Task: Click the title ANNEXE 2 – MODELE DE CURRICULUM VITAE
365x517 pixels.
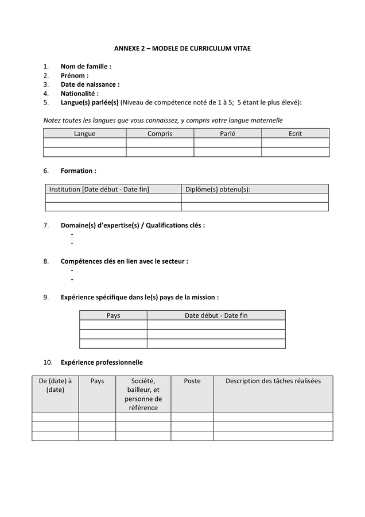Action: click(x=182, y=49)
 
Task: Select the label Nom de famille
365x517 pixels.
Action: click(x=86, y=67)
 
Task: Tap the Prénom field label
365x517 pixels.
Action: click(x=75, y=76)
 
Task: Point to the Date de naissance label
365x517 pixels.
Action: click(x=90, y=84)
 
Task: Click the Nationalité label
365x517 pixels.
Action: click(x=80, y=94)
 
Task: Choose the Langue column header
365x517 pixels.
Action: click(x=85, y=134)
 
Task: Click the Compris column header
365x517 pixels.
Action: click(x=160, y=134)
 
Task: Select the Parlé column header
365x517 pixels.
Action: click(x=227, y=134)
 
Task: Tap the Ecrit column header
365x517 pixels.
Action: click(x=295, y=134)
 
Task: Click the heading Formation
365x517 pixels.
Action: click(x=78, y=171)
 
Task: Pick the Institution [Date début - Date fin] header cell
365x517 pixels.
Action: click(x=99, y=189)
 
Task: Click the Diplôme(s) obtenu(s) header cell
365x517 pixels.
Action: click(x=218, y=189)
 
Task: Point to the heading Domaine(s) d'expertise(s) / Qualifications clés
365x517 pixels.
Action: click(x=133, y=225)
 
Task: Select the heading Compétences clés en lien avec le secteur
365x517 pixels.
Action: click(x=125, y=261)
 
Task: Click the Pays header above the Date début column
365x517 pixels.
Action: click(x=114, y=315)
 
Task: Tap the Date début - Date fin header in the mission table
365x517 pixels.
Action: click(x=216, y=315)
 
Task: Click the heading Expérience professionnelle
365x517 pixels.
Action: click(x=102, y=362)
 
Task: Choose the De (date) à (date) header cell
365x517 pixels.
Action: click(x=55, y=385)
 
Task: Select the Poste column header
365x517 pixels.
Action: click(x=192, y=381)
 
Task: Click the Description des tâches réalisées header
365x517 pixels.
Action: click(x=273, y=381)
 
